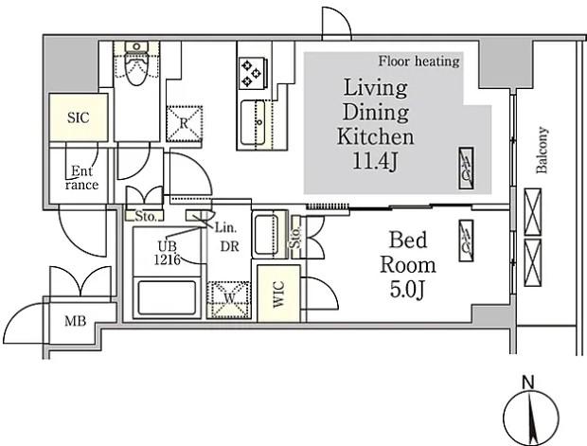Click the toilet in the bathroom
(136, 65)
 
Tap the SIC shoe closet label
(79, 117)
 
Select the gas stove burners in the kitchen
(252, 73)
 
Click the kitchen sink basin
(253, 122)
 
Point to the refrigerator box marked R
(185, 124)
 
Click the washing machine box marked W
(229, 299)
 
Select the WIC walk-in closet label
(279, 294)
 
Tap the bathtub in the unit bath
(167, 298)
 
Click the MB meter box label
(75, 321)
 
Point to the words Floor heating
(418, 61)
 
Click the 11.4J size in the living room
(375, 161)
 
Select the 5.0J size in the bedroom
(408, 290)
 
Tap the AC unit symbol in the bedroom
(466, 241)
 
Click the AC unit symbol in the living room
(467, 169)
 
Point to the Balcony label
(542, 151)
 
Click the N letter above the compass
(528, 383)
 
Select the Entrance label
(82, 178)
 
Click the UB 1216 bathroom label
(167, 253)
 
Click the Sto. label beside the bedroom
(295, 237)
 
